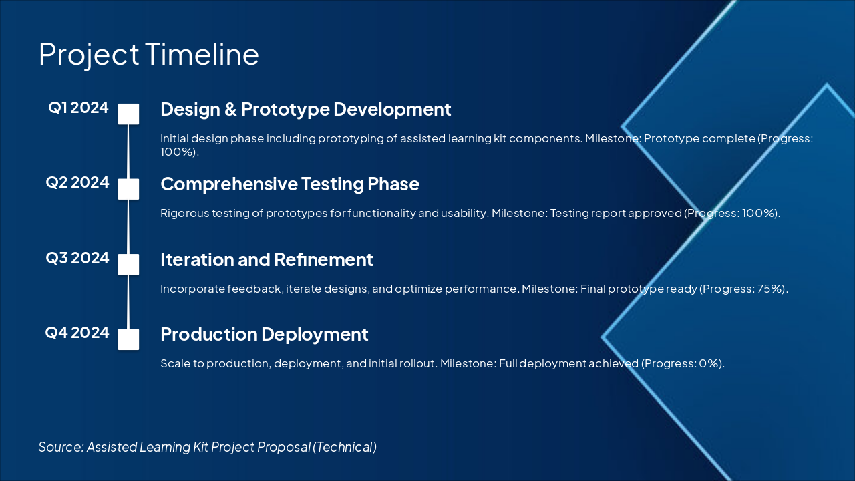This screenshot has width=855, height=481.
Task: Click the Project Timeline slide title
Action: (x=149, y=55)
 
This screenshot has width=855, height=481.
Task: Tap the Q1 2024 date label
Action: (x=78, y=108)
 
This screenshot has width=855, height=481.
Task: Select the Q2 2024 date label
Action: (x=77, y=182)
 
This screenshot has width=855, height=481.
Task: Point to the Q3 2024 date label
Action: (x=77, y=258)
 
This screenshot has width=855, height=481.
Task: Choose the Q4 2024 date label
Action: (x=77, y=333)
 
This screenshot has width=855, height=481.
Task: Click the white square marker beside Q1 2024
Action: (x=128, y=114)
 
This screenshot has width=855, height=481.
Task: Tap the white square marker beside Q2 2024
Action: (x=128, y=189)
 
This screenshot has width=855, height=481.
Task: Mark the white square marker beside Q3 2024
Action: (x=128, y=264)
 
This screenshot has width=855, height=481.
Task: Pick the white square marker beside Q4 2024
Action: (x=128, y=339)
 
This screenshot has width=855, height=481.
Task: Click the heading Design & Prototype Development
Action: (x=306, y=110)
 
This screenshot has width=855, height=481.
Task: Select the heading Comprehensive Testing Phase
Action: (x=290, y=184)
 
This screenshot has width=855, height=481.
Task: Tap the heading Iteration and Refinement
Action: (x=267, y=260)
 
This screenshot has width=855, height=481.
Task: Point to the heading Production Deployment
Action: (x=264, y=335)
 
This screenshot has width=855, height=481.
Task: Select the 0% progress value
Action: (x=709, y=363)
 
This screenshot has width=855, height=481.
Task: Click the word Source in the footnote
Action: (x=61, y=447)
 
